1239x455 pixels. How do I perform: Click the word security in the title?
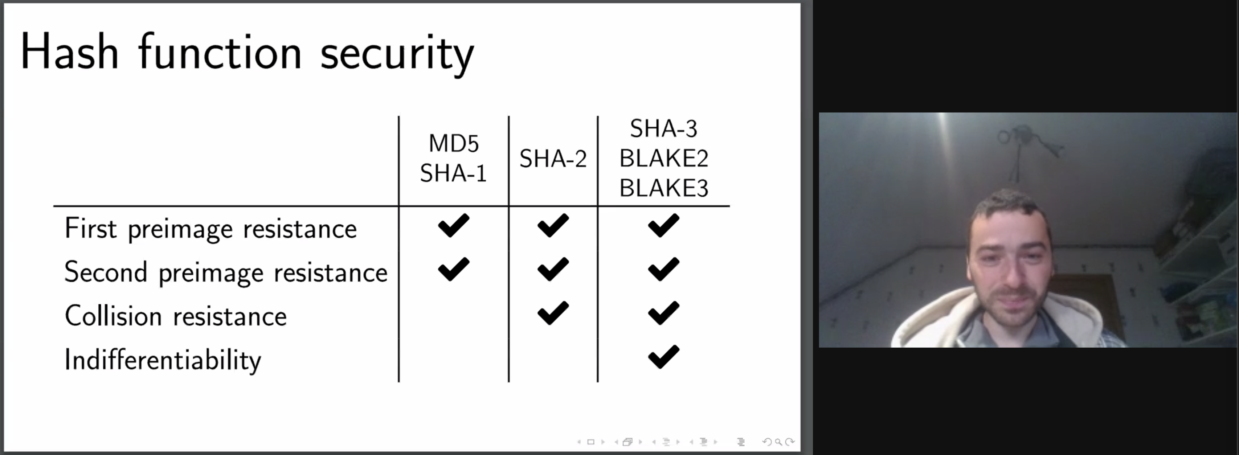[x=397, y=54]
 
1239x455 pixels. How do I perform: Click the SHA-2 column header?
[x=553, y=159]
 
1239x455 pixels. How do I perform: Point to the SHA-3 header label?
[x=663, y=128]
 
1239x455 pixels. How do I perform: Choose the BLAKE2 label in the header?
[x=663, y=158]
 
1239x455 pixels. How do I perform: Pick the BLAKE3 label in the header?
[x=663, y=188]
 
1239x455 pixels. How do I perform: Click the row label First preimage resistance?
[x=210, y=229]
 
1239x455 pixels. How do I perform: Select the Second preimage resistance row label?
[x=226, y=272]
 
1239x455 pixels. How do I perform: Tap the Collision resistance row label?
[x=176, y=316]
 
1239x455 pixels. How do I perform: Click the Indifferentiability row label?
[x=163, y=360]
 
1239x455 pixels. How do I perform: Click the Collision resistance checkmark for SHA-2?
[x=553, y=313]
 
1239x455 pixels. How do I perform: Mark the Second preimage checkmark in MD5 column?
[x=454, y=269]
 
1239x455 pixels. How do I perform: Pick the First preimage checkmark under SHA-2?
[x=553, y=225]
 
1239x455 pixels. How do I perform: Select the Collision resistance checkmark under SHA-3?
[x=664, y=313]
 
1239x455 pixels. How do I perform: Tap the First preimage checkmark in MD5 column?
[x=454, y=225]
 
